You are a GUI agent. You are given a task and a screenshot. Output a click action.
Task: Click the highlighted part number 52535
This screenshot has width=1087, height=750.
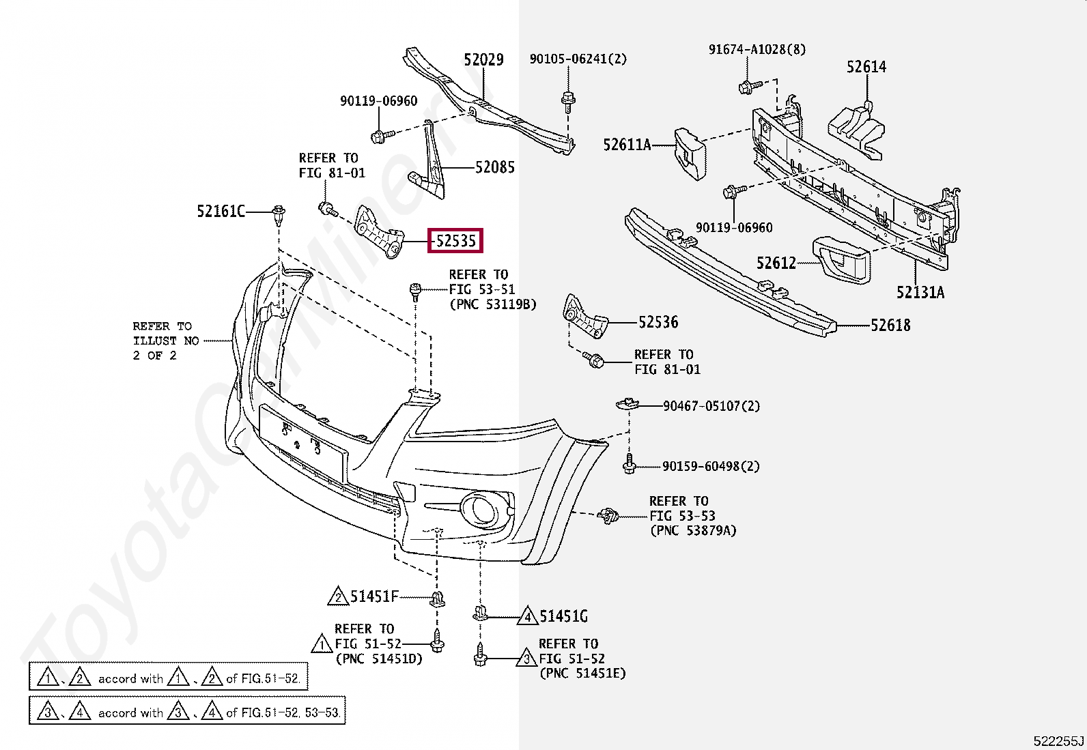(455, 241)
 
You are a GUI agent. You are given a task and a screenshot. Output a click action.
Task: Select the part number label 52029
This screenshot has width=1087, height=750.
(483, 60)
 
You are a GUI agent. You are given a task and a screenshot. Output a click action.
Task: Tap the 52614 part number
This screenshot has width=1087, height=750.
(866, 67)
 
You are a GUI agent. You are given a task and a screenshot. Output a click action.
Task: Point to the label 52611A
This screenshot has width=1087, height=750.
(627, 145)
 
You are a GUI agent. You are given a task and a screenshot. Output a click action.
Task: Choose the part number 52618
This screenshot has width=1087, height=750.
(890, 326)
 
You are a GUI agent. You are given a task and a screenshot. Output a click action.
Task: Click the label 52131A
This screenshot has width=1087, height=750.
(920, 293)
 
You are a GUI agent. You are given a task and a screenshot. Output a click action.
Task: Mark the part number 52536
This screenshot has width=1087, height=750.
(658, 322)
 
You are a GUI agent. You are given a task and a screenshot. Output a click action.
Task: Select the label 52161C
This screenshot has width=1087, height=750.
(221, 212)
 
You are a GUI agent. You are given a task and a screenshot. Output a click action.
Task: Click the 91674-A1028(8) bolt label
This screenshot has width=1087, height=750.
(757, 50)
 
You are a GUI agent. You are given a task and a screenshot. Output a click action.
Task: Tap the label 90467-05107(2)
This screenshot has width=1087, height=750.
(711, 406)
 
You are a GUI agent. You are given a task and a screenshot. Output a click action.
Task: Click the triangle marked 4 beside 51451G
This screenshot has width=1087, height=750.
(527, 617)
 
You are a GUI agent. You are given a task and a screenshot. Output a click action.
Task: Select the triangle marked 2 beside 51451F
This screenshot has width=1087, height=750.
(338, 597)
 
